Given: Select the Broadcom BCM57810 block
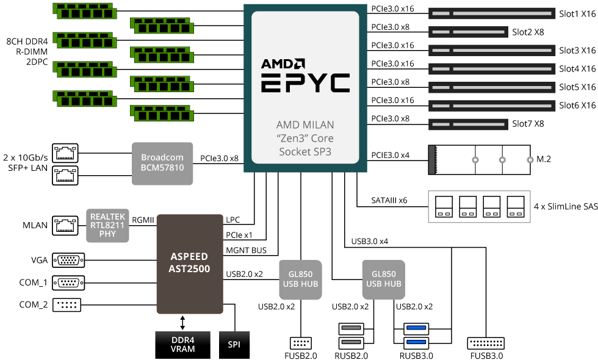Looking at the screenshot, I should [x=162, y=164].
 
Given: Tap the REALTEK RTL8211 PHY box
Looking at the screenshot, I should [x=108, y=225].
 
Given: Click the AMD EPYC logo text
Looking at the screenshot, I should [x=305, y=76].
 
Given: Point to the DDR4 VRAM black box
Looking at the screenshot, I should [x=182, y=345].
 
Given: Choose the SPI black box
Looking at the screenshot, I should [x=234, y=345].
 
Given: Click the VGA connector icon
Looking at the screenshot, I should [x=68, y=261].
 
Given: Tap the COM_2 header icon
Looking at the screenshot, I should [x=68, y=305].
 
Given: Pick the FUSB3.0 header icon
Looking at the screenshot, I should [x=485, y=344].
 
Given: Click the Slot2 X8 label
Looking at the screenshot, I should [x=528, y=31].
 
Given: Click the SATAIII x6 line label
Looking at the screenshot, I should [x=389, y=200].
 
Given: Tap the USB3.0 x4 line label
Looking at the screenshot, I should [x=369, y=242].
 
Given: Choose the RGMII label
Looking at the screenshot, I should [x=142, y=220].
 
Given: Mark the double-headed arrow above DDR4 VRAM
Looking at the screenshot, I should [x=182, y=322].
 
